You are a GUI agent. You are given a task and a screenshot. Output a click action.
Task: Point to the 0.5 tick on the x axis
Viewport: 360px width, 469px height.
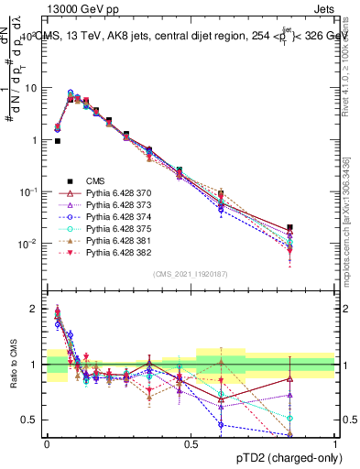pos(191,443)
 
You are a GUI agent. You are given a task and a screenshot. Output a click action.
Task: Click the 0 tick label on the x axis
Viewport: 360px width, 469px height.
pos(47,443)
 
